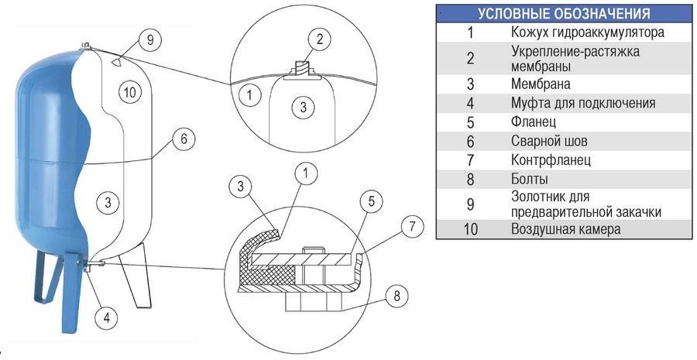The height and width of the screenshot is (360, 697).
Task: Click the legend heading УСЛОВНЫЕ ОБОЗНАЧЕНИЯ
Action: (x=563, y=14)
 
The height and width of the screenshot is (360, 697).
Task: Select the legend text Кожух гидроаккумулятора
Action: (x=588, y=33)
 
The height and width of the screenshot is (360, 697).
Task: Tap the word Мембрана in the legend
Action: (x=541, y=84)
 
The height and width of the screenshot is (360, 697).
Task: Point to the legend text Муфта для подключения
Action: (x=583, y=103)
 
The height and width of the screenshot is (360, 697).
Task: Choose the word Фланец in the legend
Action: (x=534, y=122)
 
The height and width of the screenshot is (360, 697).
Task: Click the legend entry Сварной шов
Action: (x=549, y=141)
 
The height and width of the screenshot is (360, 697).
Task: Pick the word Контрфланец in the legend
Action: (x=551, y=160)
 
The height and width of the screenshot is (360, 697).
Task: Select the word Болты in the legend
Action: (x=530, y=180)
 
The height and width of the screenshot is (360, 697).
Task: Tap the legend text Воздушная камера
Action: (x=565, y=229)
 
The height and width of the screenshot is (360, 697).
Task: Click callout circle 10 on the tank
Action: (x=130, y=92)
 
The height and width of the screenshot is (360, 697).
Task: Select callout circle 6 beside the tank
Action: (x=183, y=139)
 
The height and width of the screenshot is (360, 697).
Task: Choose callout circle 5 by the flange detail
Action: (x=370, y=203)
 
